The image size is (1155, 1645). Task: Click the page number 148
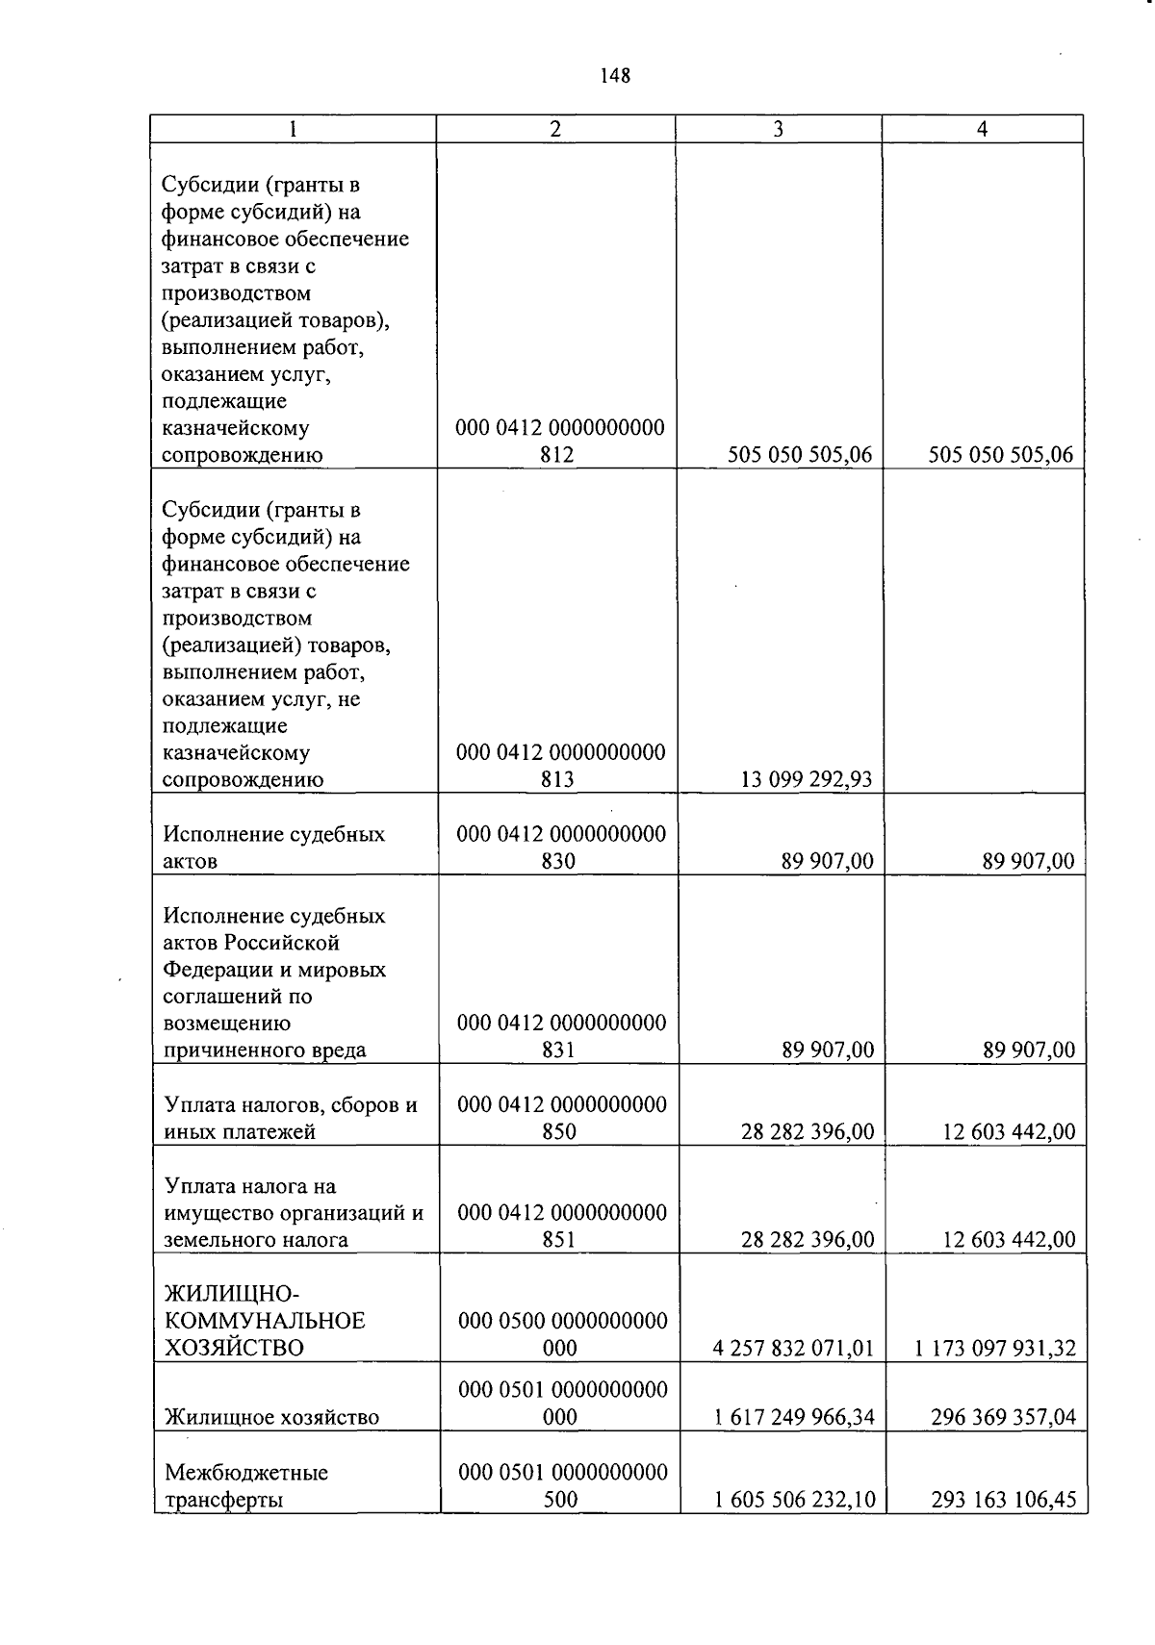click(x=614, y=76)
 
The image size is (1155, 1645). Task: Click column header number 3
click(x=778, y=130)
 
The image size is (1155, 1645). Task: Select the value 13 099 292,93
click(x=806, y=779)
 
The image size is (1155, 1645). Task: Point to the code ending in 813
click(x=560, y=766)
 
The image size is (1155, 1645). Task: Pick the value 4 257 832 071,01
click(x=793, y=1348)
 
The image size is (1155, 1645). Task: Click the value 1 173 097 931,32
click(x=995, y=1348)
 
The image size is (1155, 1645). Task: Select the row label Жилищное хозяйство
click(x=271, y=1417)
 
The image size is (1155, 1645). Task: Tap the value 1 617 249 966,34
click(x=793, y=1417)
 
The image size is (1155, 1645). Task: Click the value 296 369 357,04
click(x=1003, y=1417)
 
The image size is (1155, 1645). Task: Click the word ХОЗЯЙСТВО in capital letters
click(x=234, y=1348)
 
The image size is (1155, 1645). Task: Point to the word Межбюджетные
click(x=246, y=1473)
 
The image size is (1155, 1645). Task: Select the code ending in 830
click(x=561, y=848)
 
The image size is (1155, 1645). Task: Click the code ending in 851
click(x=562, y=1226)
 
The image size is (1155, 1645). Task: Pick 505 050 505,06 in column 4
click(x=1000, y=455)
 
